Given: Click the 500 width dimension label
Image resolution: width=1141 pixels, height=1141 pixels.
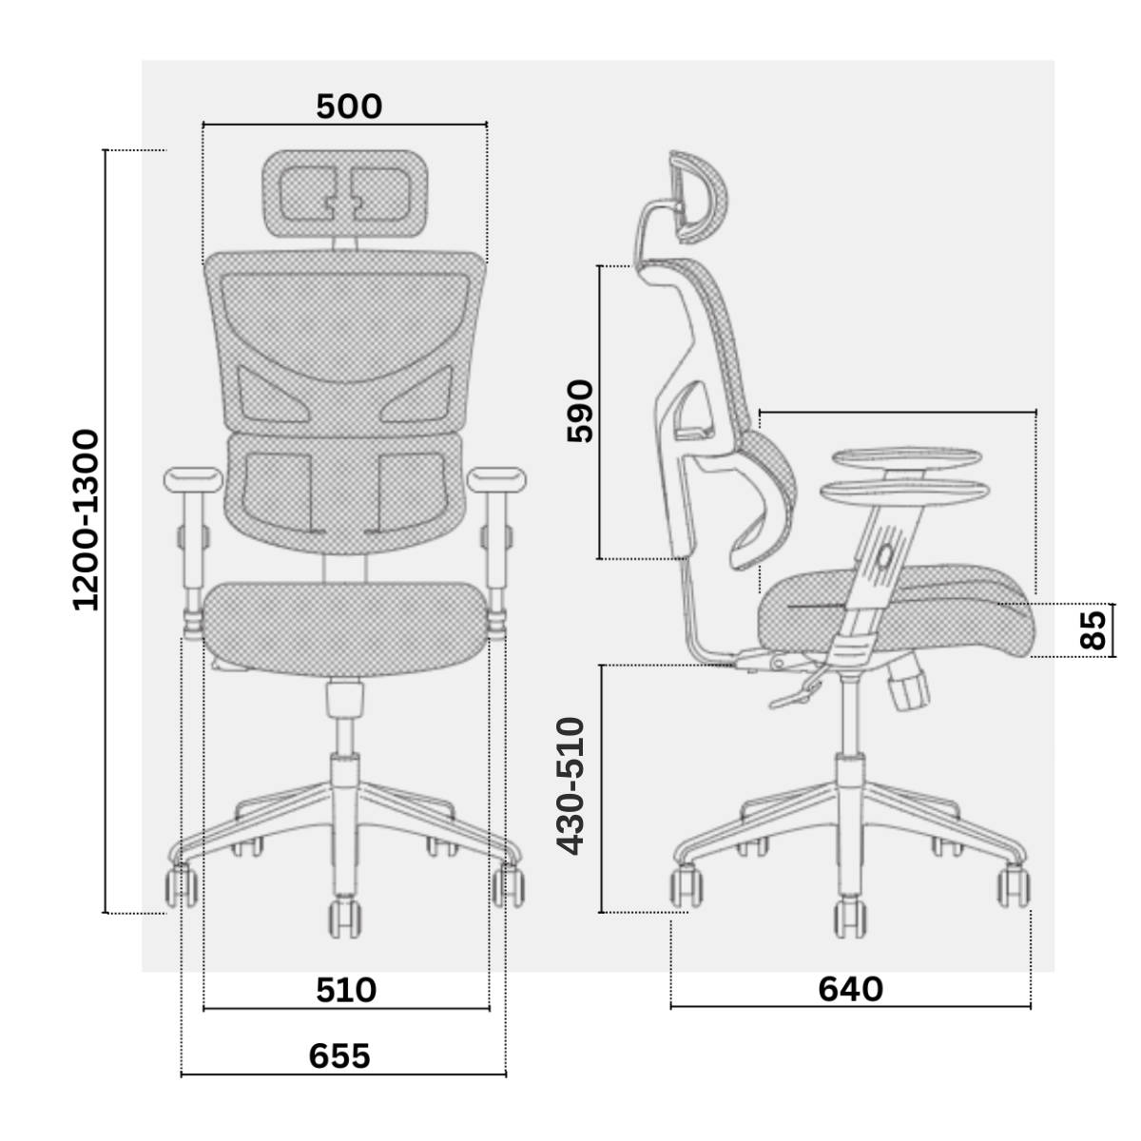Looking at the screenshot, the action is click(349, 107).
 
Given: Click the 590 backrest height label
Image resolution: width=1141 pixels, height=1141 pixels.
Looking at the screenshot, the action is click(580, 411).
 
